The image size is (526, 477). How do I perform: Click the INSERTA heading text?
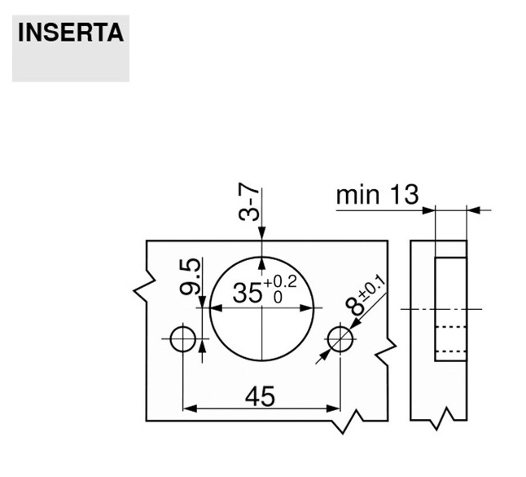coord(71,33)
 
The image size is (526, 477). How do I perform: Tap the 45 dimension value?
coord(260,397)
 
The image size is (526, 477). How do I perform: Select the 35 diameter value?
coord(248,293)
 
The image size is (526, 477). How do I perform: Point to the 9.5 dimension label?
coord(191,276)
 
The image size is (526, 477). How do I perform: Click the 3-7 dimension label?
coord(249,202)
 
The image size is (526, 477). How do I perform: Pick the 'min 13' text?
coord(377,195)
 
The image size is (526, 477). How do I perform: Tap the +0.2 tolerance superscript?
coord(280,282)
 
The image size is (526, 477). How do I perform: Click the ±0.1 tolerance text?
coord(372,288)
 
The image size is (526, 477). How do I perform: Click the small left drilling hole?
coord(183,339)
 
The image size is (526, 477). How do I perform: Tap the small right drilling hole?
coord(340,339)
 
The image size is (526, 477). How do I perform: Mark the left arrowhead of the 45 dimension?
coord(190,409)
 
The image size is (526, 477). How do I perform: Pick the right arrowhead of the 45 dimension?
coord(334,409)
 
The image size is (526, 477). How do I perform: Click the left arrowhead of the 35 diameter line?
coord(217,307)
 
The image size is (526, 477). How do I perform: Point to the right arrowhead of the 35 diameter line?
coord(307,307)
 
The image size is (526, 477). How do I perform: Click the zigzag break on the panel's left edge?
coord(145,285)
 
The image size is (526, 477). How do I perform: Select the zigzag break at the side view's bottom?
coord(442,419)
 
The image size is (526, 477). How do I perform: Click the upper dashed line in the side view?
coord(450,327)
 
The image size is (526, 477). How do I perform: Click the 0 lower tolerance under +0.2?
coord(278,298)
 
